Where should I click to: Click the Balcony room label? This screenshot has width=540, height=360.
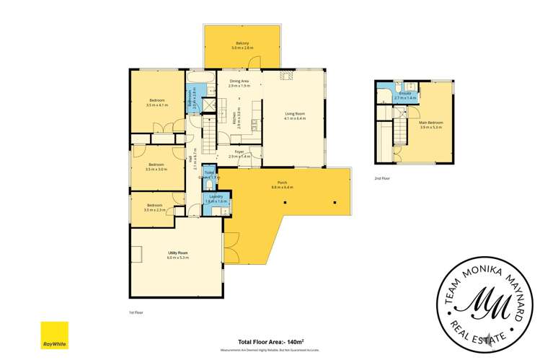[x=242, y=43]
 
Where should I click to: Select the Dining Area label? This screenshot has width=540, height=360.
[x=239, y=82]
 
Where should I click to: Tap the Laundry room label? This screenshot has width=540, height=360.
[x=216, y=196]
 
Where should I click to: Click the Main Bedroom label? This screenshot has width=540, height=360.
[x=430, y=123]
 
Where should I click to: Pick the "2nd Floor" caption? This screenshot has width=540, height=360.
[x=382, y=177]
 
